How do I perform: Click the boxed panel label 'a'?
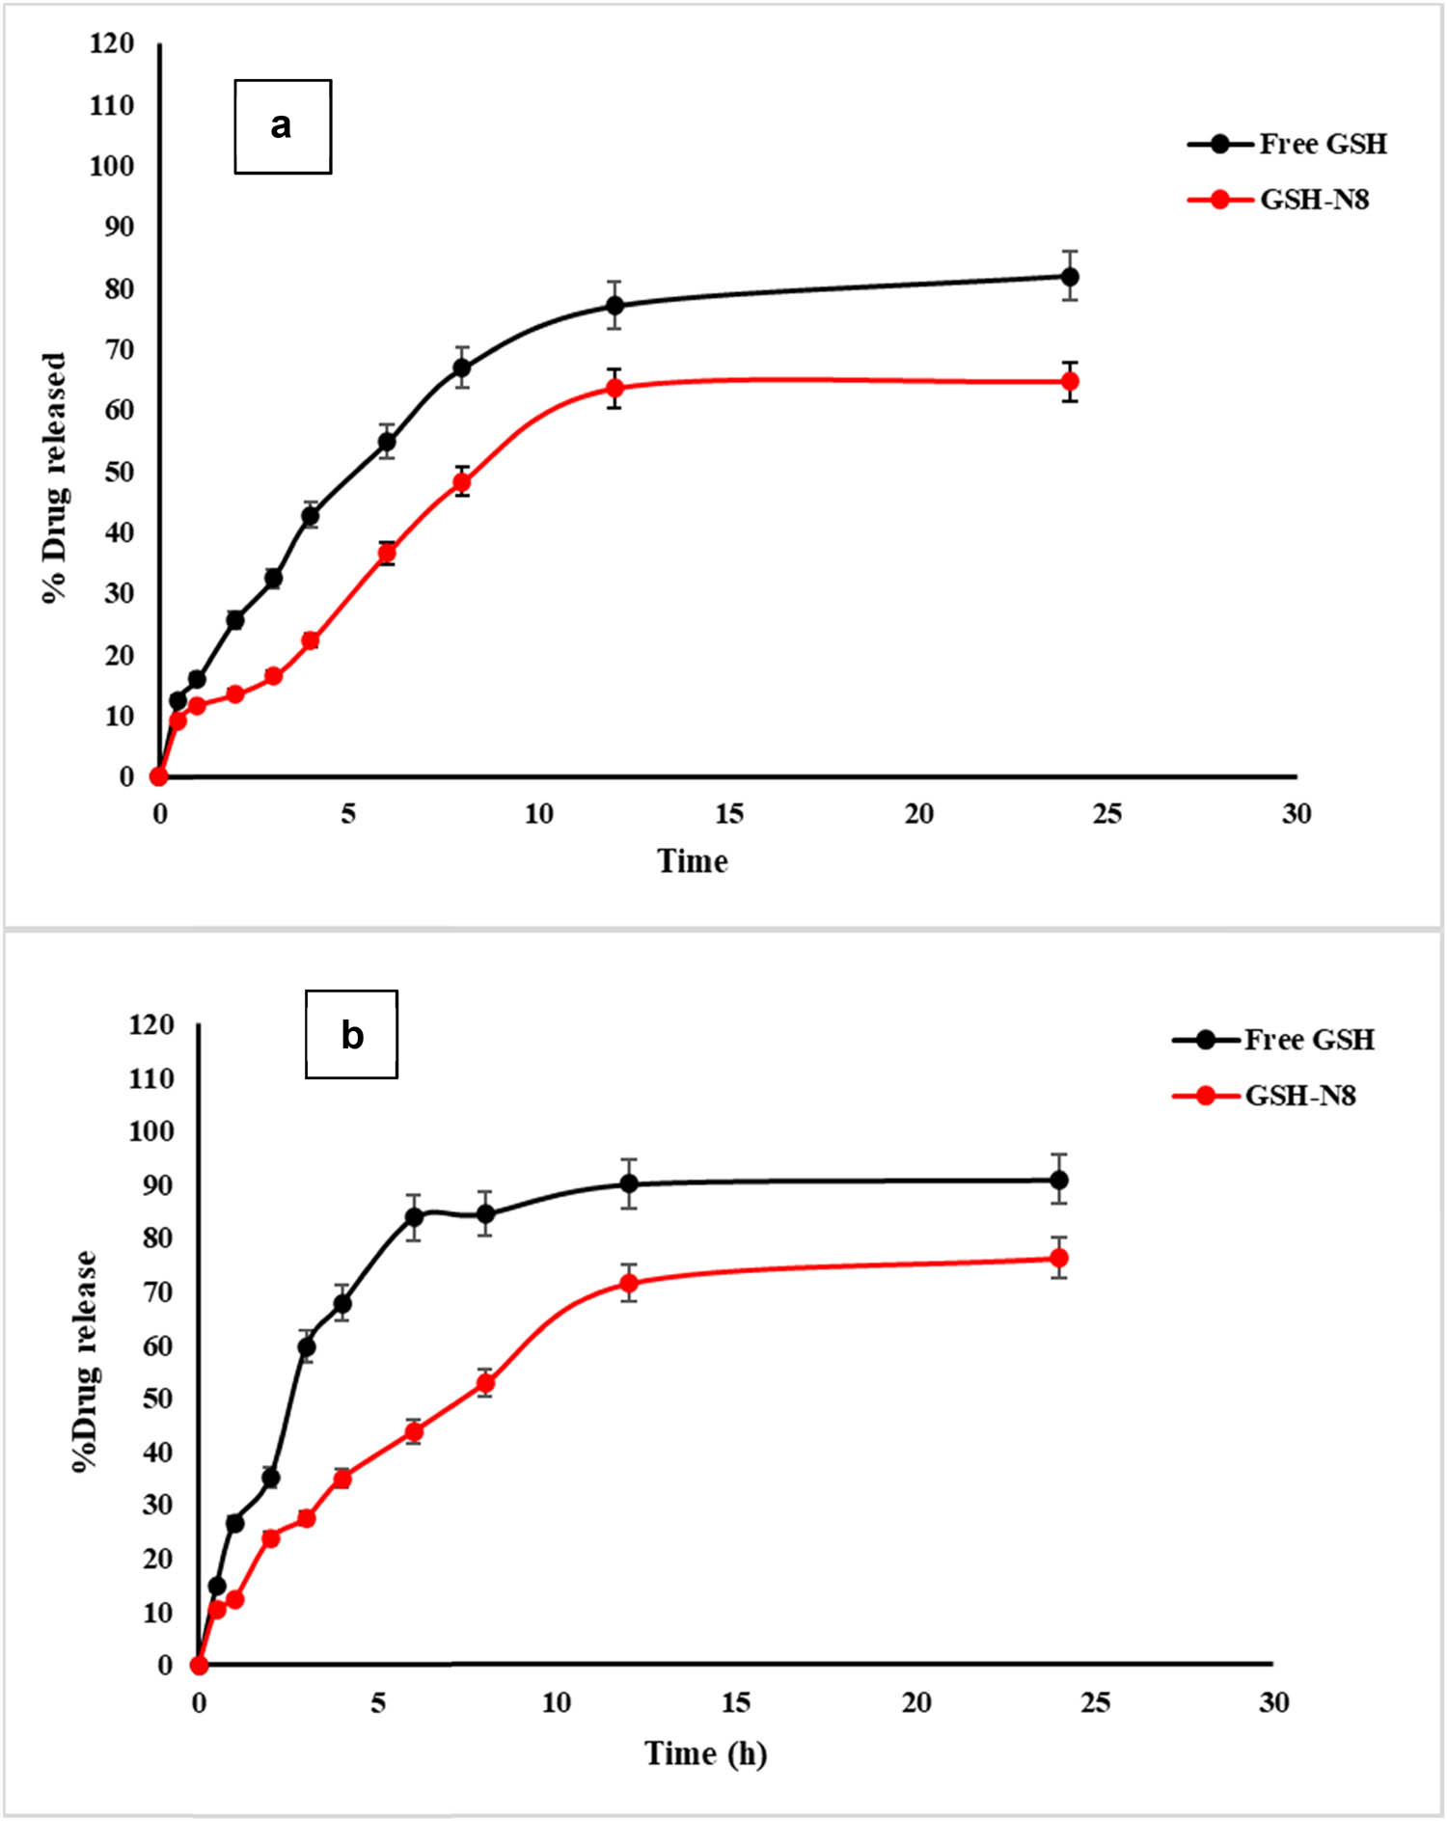pos(283,126)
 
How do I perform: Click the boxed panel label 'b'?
pos(351,1034)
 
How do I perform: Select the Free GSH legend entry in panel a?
pos(1288,144)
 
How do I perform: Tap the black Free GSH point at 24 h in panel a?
pos(1069,277)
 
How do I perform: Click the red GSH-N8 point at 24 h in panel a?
pos(1069,382)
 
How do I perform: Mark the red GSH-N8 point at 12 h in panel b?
pos(629,1283)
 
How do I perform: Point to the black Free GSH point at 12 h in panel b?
pos(629,1183)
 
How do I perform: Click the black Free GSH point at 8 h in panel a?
pos(462,367)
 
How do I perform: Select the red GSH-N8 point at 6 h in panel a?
pos(387,553)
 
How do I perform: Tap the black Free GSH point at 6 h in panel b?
pos(414,1216)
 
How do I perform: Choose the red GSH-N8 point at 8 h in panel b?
pos(485,1383)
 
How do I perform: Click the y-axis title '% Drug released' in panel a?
pos(55,477)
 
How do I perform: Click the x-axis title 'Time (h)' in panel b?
pos(705,1753)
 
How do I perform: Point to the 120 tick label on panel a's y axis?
pos(112,43)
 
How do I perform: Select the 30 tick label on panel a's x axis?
pos(1296,814)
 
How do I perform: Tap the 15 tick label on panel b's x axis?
pos(735,1702)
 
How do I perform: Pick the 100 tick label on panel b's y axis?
pos(150,1130)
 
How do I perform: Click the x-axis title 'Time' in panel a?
pos(692,860)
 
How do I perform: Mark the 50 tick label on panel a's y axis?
pos(119,472)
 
